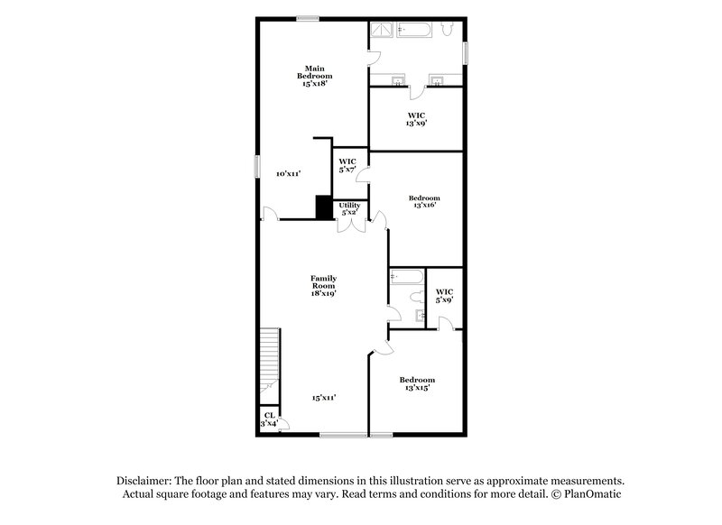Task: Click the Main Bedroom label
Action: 314,75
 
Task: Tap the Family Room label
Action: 323,285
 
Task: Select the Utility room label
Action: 349,208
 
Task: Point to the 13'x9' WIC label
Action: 416,118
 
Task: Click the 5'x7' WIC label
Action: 347,165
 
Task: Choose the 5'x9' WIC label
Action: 444,295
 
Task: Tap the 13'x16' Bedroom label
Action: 423,201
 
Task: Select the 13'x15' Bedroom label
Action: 417,383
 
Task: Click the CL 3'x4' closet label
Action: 269,419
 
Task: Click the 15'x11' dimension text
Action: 325,397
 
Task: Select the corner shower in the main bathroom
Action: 383,30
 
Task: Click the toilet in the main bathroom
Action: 448,31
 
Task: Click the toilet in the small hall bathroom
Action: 416,296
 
